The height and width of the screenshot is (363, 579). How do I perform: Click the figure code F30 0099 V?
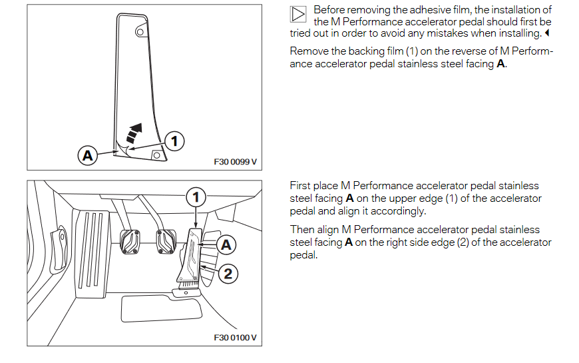[x=234, y=162]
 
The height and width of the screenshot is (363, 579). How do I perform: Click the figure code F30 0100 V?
[x=234, y=338]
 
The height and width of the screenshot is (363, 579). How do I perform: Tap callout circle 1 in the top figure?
[x=174, y=141]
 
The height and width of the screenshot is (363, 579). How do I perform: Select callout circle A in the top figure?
[x=86, y=156]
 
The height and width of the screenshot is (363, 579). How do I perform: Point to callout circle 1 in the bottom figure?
[x=195, y=196]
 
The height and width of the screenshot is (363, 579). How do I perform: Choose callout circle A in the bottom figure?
[x=226, y=244]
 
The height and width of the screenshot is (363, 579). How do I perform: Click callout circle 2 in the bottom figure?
[x=228, y=273]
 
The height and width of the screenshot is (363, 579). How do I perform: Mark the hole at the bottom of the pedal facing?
[x=156, y=155]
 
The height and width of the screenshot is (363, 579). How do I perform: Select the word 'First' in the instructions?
[x=300, y=186]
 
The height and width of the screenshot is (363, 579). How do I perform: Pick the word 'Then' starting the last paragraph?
[x=301, y=230]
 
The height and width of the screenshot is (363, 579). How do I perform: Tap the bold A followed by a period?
[x=501, y=65]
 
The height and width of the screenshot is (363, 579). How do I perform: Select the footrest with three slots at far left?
[x=91, y=249]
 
